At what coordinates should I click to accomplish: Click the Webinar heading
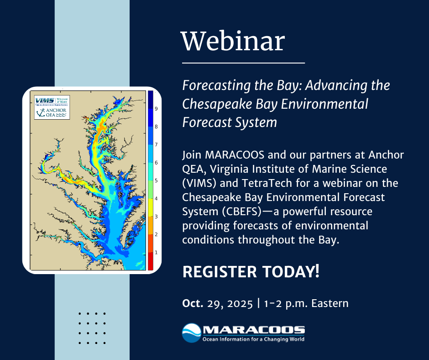point(233,42)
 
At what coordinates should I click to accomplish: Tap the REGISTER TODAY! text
point(251,272)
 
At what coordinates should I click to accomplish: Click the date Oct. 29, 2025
point(217,303)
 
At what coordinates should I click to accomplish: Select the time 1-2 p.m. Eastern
point(306,303)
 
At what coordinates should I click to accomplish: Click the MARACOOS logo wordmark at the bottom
point(253,329)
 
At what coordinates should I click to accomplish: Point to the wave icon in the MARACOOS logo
point(191,333)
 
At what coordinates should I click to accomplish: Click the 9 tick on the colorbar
point(156,109)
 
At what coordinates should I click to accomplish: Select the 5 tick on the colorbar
point(156,180)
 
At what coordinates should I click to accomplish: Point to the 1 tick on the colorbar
point(156,252)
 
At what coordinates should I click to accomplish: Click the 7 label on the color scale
point(156,145)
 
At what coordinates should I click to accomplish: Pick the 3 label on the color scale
point(156,216)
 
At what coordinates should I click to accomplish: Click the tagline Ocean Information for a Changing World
point(253,339)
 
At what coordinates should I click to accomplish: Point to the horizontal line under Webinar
point(243,62)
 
